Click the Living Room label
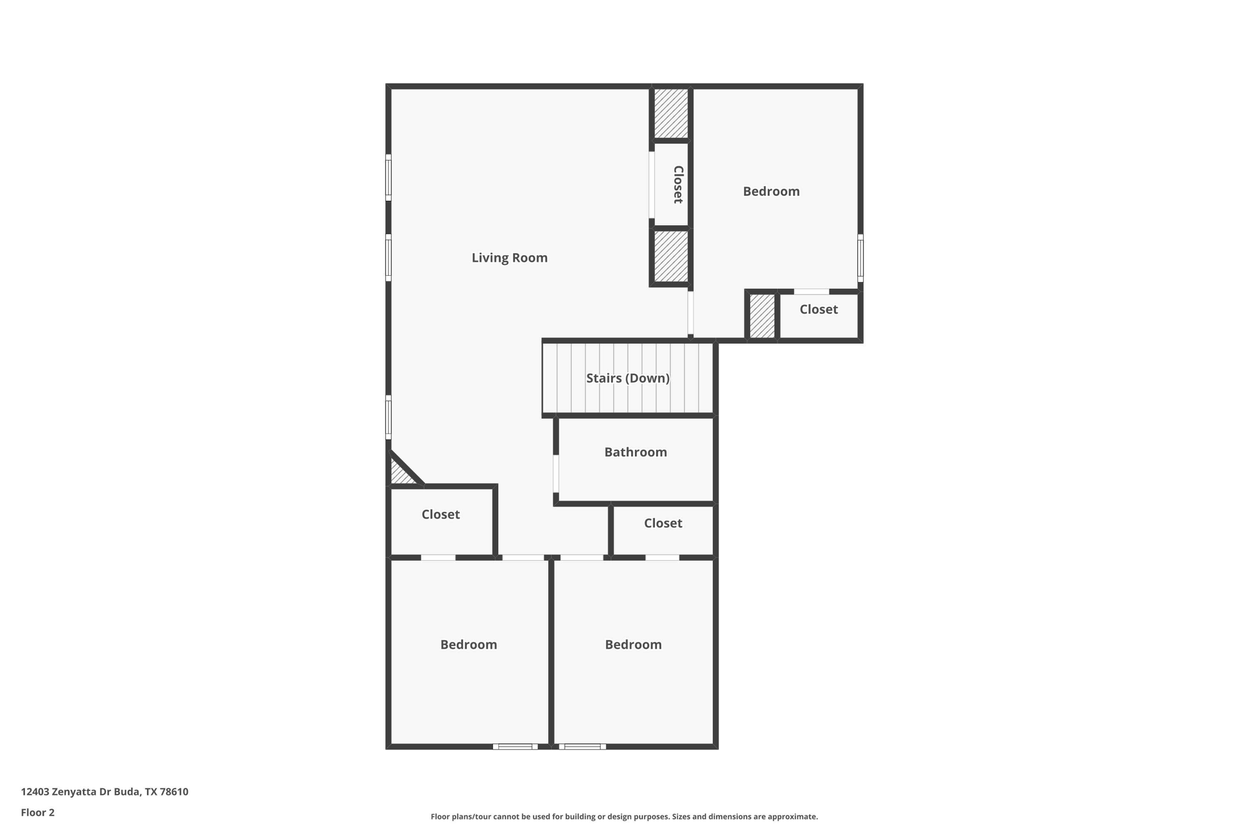(x=509, y=258)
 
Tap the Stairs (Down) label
(x=628, y=378)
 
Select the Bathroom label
(x=635, y=452)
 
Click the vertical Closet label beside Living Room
(x=678, y=184)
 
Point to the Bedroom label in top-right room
(x=771, y=192)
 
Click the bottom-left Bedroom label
(x=468, y=644)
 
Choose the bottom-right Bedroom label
(x=633, y=644)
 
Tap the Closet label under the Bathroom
(x=663, y=523)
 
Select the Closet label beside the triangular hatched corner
(x=440, y=514)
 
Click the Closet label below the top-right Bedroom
(x=818, y=309)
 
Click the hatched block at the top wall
(x=671, y=114)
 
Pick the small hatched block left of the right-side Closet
(x=762, y=316)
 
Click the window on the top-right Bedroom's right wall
(x=860, y=258)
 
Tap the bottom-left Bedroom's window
(x=515, y=746)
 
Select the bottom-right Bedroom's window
(x=582, y=746)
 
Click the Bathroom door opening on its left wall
(x=556, y=473)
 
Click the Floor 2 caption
(x=38, y=812)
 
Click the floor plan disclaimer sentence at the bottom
(x=624, y=817)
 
